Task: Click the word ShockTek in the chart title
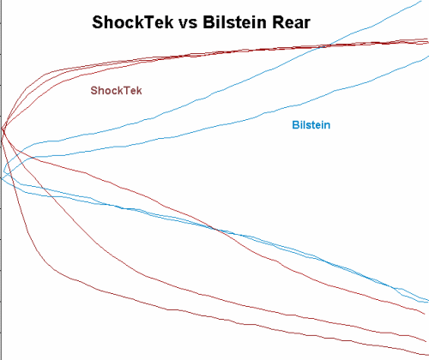pyautogui.click(x=133, y=22)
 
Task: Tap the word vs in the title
pyautogui.click(x=188, y=23)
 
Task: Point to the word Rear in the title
pyautogui.click(x=291, y=22)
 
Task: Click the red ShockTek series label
pyautogui.click(x=116, y=91)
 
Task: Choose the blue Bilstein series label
pyautogui.click(x=311, y=125)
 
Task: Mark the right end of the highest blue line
pyautogui.click(x=421, y=1)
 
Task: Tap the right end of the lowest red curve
pyautogui.click(x=428, y=355)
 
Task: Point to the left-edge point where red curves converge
pyautogui.click(x=3, y=130)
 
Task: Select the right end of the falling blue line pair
pyautogui.click(x=428, y=301)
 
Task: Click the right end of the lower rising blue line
pyautogui.click(x=428, y=57)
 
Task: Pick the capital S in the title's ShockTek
pyautogui.click(x=97, y=22)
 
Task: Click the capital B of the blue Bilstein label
pyautogui.click(x=295, y=125)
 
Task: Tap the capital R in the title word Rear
pyautogui.click(x=278, y=22)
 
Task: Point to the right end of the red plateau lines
pyautogui.click(x=428, y=41)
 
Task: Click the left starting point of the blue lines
pyautogui.click(x=2, y=178)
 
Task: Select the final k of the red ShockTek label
pyautogui.click(x=139, y=91)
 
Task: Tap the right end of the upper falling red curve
pyautogui.click(x=424, y=314)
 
